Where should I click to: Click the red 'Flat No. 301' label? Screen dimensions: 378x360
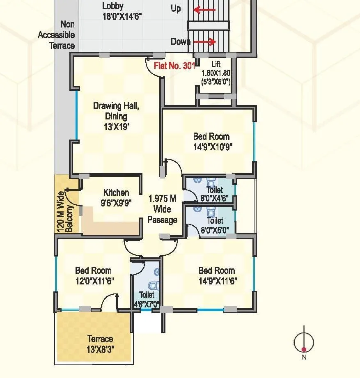pyautogui.click(x=174, y=66)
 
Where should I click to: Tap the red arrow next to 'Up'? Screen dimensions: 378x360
pyautogui.click(x=204, y=9)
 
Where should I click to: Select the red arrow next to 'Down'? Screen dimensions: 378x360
pyautogui.click(x=204, y=42)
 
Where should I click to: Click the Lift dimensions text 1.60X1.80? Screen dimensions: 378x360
pyautogui.click(x=216, y=73)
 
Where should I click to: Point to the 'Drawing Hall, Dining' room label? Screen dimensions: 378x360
pyautogui.click(x=116, y=111)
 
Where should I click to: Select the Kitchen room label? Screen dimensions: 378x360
pyautogui.click(x=116, y=192)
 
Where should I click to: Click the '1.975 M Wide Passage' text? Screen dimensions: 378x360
pyautogui.click(x=162, y=209)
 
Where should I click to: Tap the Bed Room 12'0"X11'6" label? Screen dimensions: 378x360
pyautogui.click(x=94, y=275)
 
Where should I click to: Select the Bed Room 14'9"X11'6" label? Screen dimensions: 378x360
pyautogui.click(x=217, y=275)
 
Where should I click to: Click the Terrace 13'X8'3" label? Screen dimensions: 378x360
pyautogui.click(x=100, y=344)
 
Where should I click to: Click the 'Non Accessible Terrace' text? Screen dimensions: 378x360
pyautogui.click(x=57, y=35)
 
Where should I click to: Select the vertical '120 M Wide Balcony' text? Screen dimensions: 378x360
pyautogui.click(x=65, y=211)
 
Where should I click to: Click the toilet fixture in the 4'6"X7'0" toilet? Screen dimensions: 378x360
pyautogui.click(x=153, y=285)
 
